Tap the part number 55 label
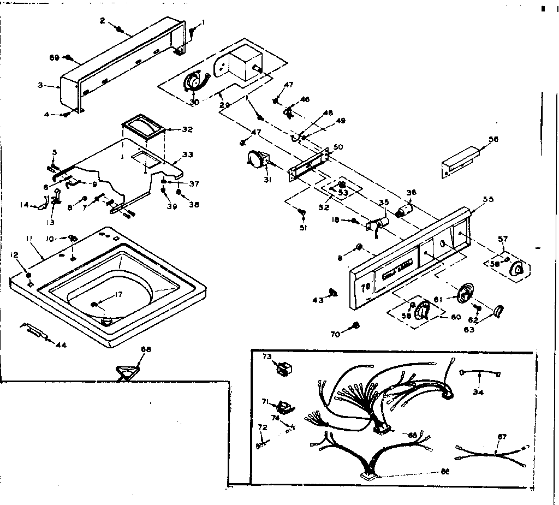488,199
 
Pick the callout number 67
502,436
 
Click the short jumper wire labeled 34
480,373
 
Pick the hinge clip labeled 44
34,330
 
